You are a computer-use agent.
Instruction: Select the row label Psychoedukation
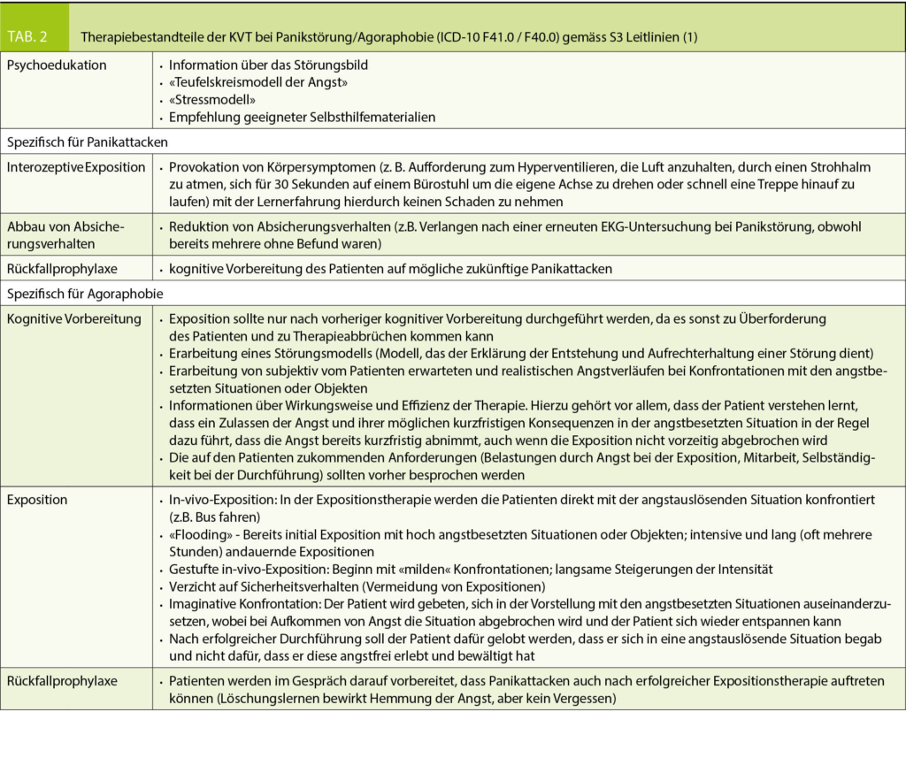[57, 65]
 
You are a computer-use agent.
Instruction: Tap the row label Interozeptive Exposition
[76, 166]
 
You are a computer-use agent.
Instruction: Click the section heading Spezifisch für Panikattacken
[87, 141]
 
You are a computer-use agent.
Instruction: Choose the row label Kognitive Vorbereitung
[74, 318]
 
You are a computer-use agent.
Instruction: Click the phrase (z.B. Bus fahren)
[211, 517]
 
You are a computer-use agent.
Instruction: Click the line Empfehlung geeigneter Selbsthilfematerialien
[302, 118]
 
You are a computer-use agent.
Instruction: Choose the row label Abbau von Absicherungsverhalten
[65, 234]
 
